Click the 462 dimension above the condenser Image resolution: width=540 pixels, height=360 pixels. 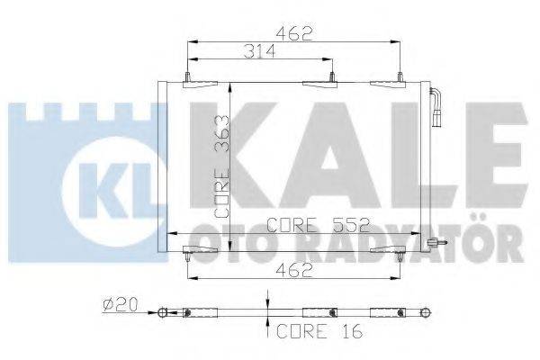292,35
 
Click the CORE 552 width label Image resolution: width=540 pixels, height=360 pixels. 309,226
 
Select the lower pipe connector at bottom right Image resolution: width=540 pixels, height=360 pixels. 436,241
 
